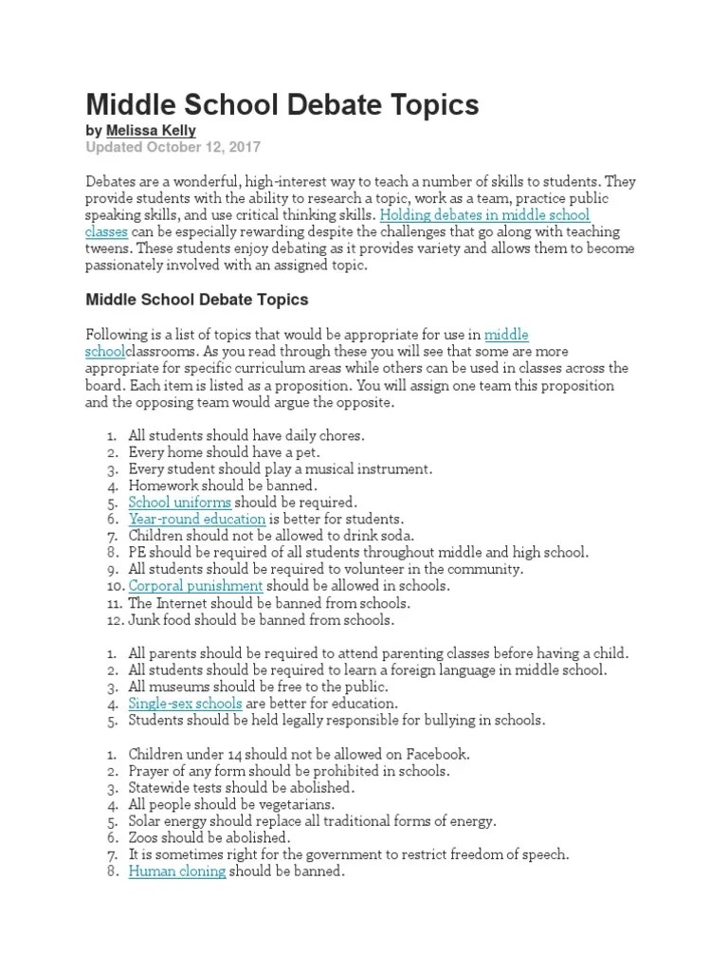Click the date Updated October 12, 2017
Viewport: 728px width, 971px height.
coord(173,147)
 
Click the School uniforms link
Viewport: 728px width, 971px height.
coord(179,502)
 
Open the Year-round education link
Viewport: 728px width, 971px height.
coord(196,519)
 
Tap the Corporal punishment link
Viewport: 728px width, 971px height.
coord(195,586)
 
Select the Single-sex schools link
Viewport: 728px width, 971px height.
coord(185,703)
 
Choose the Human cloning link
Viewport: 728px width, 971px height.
coord(177,870)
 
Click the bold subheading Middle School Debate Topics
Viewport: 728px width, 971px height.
coord(197,300)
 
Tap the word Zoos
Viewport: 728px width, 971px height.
coord(144,837)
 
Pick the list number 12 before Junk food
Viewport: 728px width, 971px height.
coord(113,620)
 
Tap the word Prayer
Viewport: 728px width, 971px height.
coord(150,771)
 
